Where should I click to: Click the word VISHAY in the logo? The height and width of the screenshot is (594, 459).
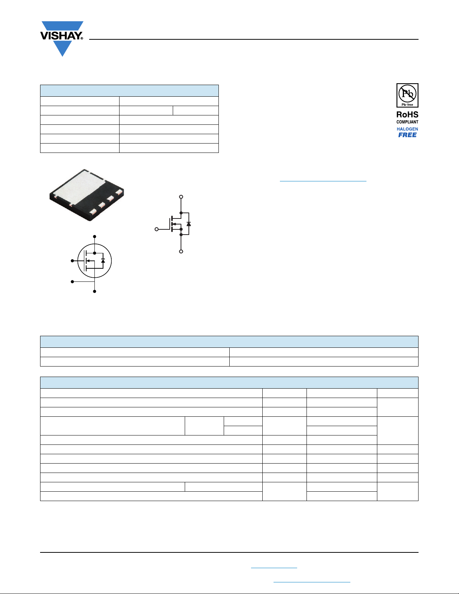pos(60,36)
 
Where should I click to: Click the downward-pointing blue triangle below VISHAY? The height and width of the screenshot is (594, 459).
pos(63,49)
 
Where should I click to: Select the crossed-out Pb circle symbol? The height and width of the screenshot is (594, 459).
pos(407,93)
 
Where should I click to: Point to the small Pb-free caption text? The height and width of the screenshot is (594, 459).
pos(407,105)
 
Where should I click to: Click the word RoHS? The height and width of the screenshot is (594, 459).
pos(407,115)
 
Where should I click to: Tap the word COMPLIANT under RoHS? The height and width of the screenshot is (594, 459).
pos(407,122)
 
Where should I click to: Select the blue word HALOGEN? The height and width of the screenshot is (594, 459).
pos(407,129)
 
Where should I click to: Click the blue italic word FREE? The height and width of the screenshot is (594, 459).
pos(407,135)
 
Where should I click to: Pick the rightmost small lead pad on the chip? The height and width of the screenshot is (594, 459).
pos(119,192)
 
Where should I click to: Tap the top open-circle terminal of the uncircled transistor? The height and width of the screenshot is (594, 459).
pos(181,197)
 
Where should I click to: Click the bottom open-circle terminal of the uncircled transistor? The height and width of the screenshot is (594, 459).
pos(181,251)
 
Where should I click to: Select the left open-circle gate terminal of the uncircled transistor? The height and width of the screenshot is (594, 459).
pos(157,229)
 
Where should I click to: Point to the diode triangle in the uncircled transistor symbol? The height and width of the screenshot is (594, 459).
pos(188,224)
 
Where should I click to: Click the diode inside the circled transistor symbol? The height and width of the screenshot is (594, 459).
pos(103,261)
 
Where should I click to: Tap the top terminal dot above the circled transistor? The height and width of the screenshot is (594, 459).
pos(94,236)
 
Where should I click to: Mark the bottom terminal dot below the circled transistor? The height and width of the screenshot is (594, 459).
pos(94,292)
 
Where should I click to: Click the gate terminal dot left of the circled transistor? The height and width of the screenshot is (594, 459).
pos(72,261)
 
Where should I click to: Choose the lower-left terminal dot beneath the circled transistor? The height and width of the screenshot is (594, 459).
pos(72,281)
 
